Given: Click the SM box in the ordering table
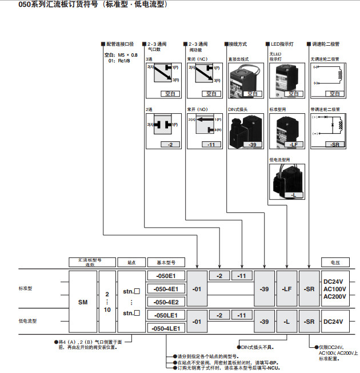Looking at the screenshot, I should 83,301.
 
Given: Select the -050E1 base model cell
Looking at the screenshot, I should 167,276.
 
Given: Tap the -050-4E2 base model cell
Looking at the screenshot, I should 167,301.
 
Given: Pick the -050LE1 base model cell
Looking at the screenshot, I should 167,315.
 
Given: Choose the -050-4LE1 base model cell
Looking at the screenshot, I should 167,328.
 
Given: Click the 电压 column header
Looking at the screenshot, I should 334,262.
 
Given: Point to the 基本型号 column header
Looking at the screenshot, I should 166,262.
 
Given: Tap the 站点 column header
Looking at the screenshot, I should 131,262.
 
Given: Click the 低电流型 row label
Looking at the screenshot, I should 27,322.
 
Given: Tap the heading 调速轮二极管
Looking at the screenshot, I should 326,43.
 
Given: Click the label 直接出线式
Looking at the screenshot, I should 239,58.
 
